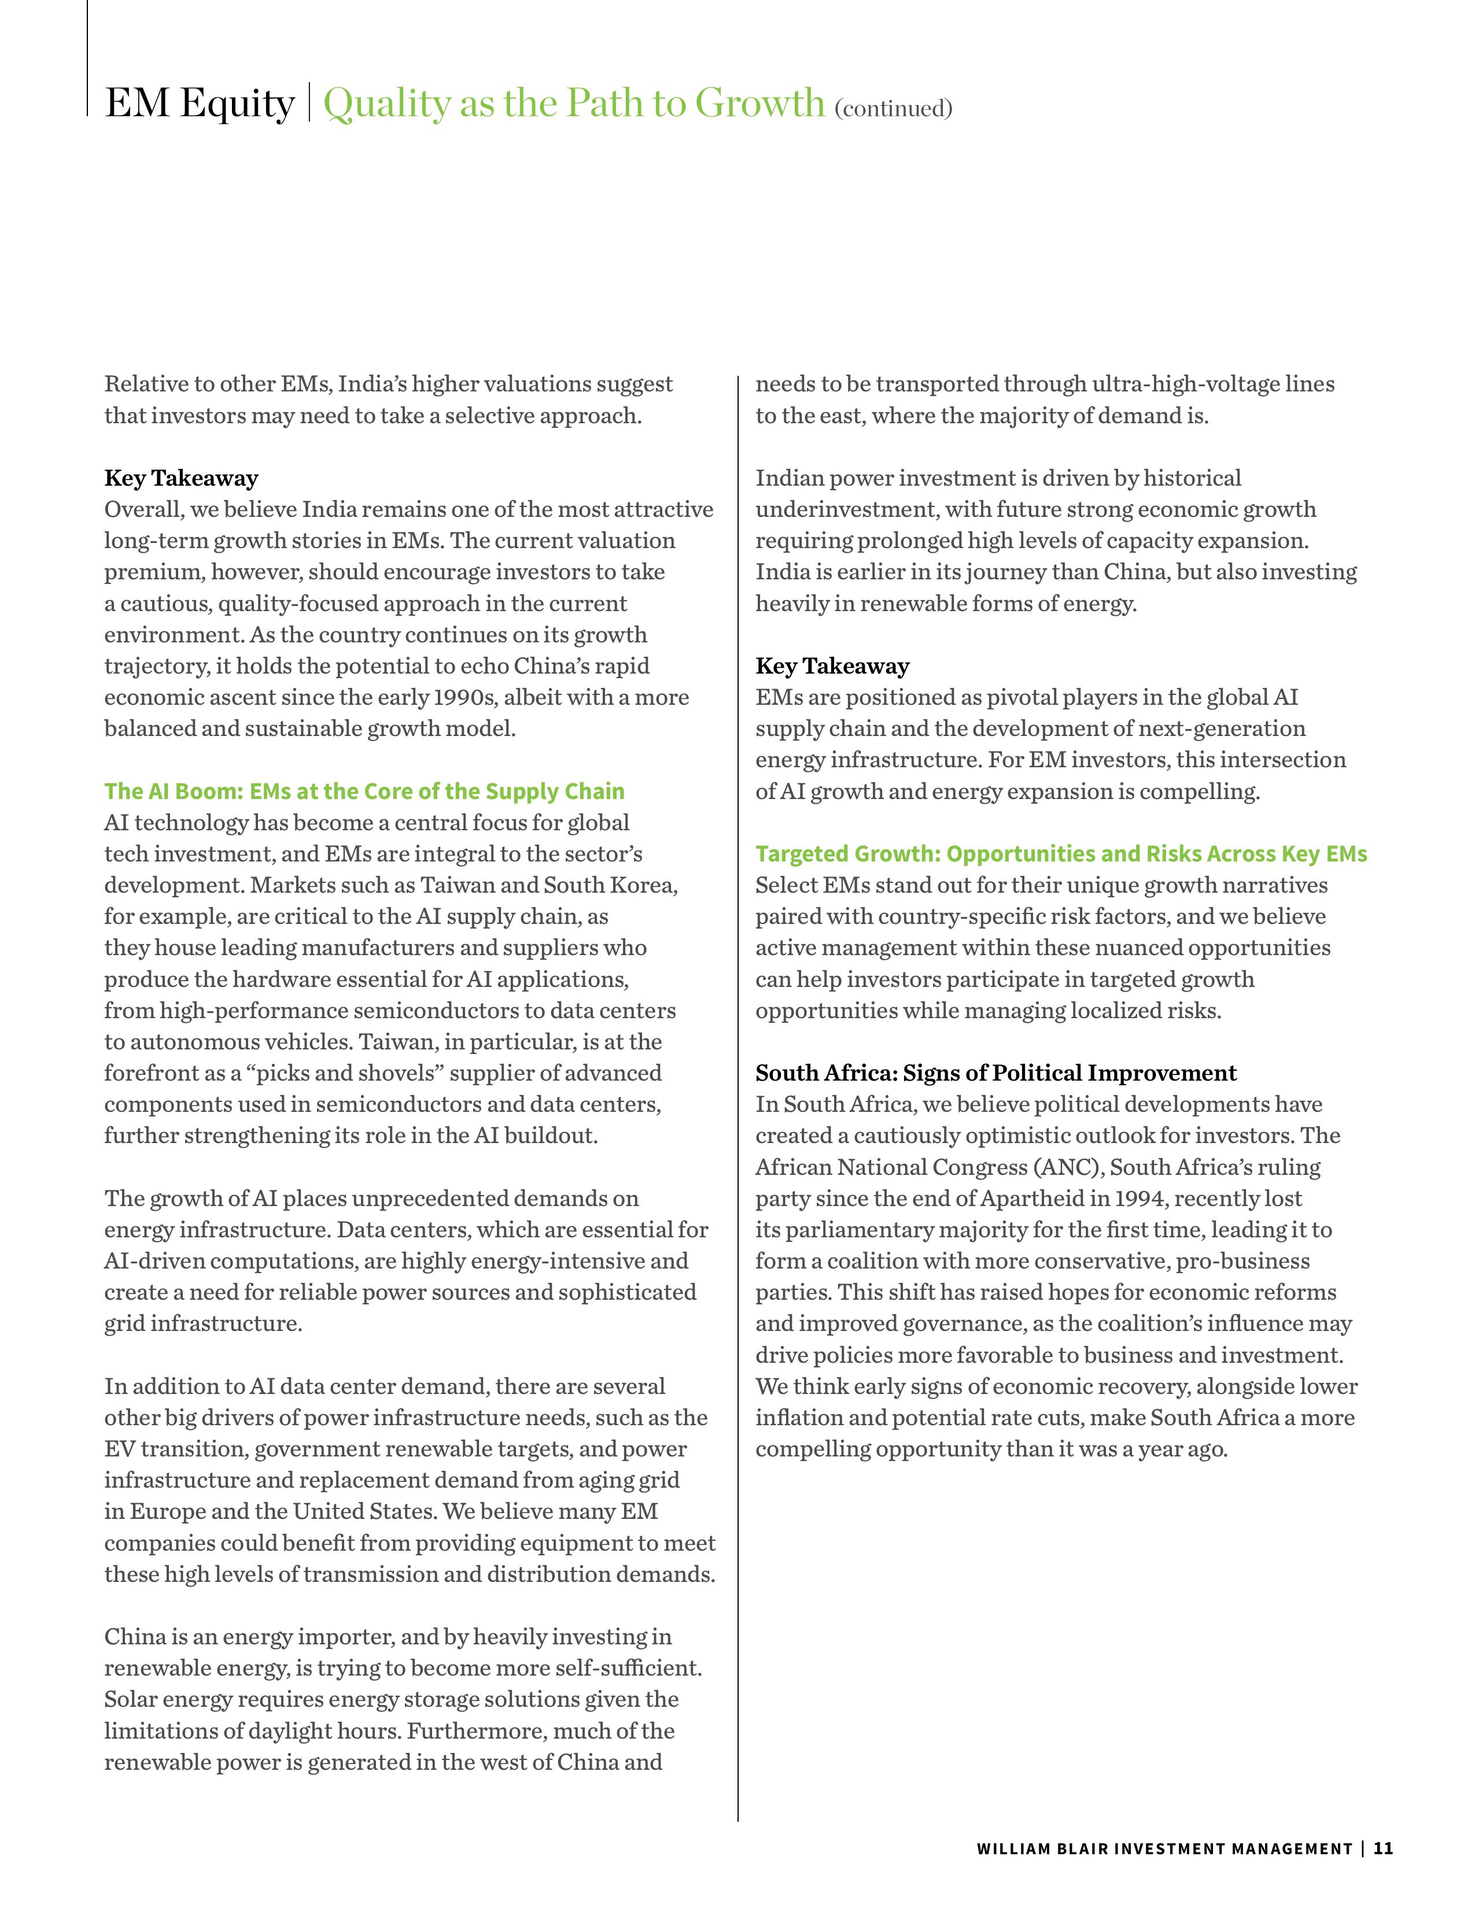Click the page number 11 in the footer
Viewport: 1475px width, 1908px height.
point(1383,1848)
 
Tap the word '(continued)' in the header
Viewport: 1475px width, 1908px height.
point(893,108)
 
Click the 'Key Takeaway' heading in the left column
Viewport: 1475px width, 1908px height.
point(182,478)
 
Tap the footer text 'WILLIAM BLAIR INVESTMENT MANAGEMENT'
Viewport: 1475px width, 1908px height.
point(1164,1848)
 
